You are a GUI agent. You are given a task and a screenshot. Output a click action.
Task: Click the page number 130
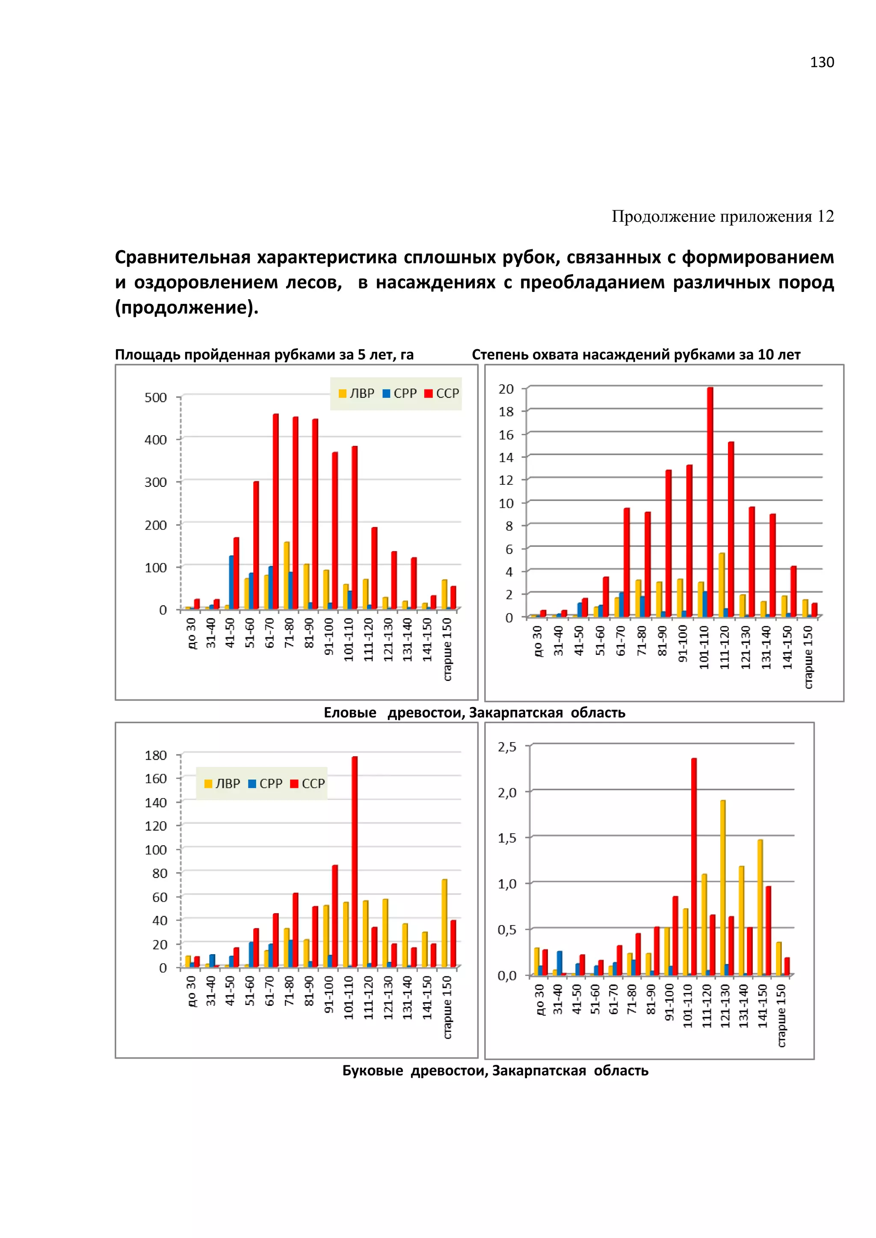pos(822,62)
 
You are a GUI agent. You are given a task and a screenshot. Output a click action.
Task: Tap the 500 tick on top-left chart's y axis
pos(156,398)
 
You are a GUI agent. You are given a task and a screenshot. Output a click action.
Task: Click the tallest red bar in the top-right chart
pos(710,501)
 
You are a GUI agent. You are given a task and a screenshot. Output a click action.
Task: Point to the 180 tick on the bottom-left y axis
pos(156,755)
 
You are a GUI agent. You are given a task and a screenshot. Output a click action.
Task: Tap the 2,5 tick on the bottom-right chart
pos(507,747)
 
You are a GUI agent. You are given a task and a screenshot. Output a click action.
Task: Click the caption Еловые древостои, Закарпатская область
pos(474,712)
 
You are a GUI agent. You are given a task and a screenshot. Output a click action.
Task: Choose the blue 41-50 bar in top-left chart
pos(231,582)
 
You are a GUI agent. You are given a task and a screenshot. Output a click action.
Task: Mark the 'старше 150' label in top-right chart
pos(808,657)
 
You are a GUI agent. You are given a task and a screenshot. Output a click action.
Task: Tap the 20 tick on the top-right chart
pos(506,389)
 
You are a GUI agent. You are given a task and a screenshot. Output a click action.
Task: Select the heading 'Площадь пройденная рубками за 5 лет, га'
pos(264,354)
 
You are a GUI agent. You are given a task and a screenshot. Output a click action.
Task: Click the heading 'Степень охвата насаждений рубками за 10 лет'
pos(636,354)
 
